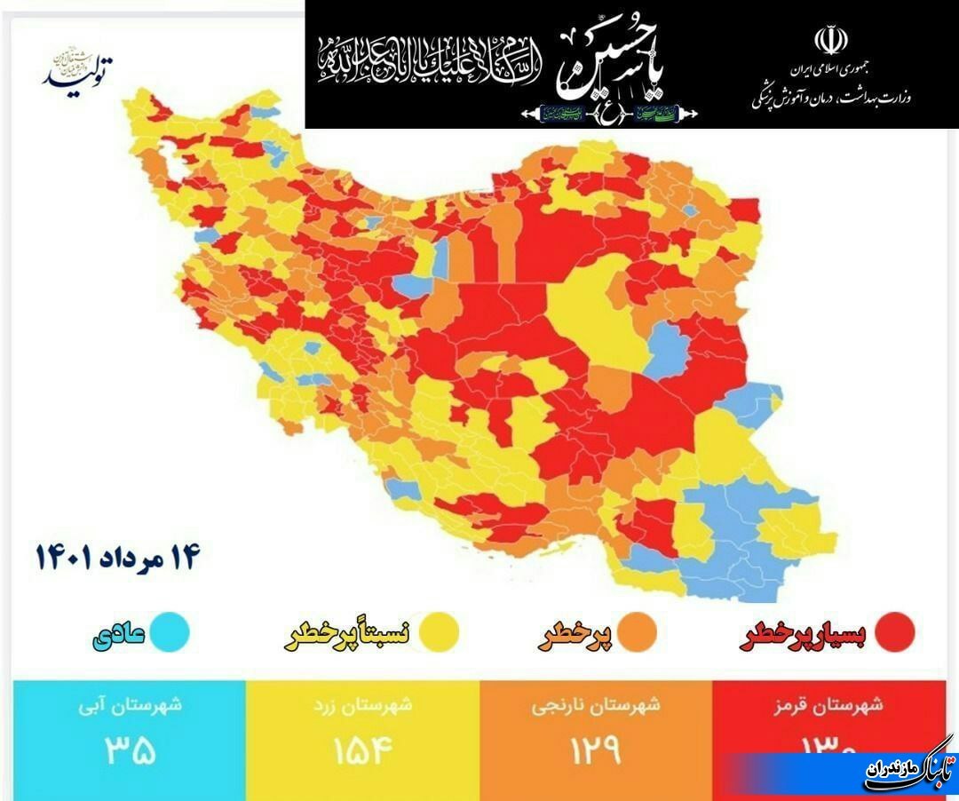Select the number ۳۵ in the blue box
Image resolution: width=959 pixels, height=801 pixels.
point(131,751)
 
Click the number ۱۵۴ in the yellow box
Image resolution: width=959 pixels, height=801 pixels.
point(362,751)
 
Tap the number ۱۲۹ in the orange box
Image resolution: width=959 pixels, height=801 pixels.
point(595,751)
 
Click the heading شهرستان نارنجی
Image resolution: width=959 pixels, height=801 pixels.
point(596,706)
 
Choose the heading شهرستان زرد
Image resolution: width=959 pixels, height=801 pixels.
point(362,706)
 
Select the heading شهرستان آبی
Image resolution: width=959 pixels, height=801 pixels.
point(130,706)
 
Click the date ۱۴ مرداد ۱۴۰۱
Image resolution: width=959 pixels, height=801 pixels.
point(119,557)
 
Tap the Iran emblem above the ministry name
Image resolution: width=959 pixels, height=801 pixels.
point(830,41)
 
